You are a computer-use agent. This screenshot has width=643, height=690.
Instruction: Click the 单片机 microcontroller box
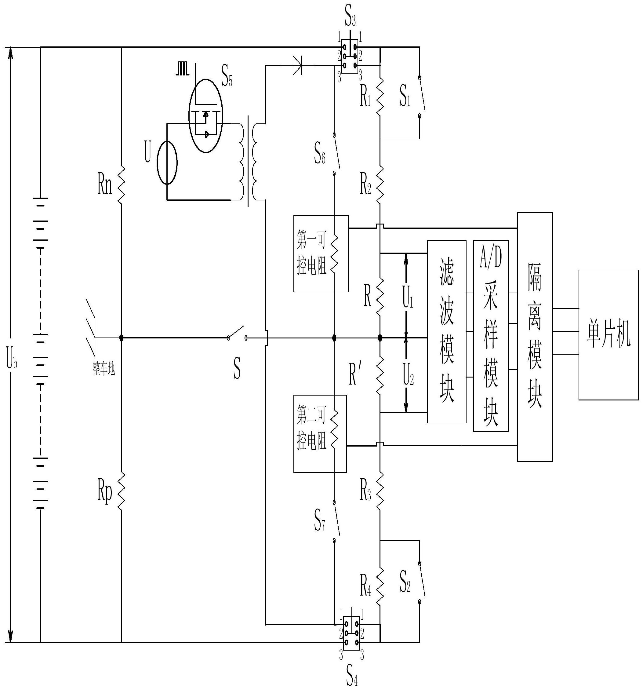[x=608, y=335]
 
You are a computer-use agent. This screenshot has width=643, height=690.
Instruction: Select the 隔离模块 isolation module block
[x=534, y=337]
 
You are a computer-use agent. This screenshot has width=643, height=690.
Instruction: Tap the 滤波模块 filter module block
[x=446, y=331]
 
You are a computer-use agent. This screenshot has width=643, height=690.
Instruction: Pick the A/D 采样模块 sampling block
[x=491, y=336]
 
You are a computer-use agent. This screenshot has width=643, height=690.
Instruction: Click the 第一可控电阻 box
[x=321, y=254]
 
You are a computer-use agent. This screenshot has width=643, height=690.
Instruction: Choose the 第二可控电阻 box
[x=320, y=434]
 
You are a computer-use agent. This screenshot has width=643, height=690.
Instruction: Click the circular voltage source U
[x=167, y=162]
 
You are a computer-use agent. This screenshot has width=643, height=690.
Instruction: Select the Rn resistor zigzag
[x=121, y=184]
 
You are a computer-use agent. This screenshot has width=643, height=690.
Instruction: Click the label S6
[x=320, y=155]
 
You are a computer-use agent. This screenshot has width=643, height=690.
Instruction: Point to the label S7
[x=320, y=519]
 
